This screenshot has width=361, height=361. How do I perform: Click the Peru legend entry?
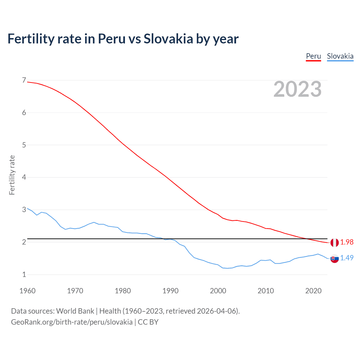click(313, 56)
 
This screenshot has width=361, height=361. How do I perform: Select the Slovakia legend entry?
click(340, 56)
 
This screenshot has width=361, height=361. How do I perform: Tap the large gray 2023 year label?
click(298, 89)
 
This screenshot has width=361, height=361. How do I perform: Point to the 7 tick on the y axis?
click(24, 80)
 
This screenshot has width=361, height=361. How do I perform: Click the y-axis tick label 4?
click(24, 177)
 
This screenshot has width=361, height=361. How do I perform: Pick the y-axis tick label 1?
click(24, 274)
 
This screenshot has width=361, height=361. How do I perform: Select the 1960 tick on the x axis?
click(27, 291)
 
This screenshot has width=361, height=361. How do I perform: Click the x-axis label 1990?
click(170, 291)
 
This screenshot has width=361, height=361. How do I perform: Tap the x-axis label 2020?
click(313, 291)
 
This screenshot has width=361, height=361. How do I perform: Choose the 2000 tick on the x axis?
click(218, 291)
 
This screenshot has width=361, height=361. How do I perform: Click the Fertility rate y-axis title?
click(12, 175)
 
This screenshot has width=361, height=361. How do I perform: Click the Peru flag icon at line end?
click(334, 242)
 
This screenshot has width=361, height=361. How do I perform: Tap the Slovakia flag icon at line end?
click(334, 258)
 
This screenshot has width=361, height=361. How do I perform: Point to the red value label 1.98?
click(347, 242)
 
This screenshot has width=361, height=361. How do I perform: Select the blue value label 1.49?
click(347, 258)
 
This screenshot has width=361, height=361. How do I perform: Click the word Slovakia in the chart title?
click(168, 39)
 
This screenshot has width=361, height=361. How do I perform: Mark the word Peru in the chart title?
click(111, 39)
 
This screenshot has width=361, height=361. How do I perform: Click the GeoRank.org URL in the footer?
click(72, 322)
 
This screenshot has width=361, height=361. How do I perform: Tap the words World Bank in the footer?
click(75, 311)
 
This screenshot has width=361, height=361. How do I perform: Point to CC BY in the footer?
click(148, 322)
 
